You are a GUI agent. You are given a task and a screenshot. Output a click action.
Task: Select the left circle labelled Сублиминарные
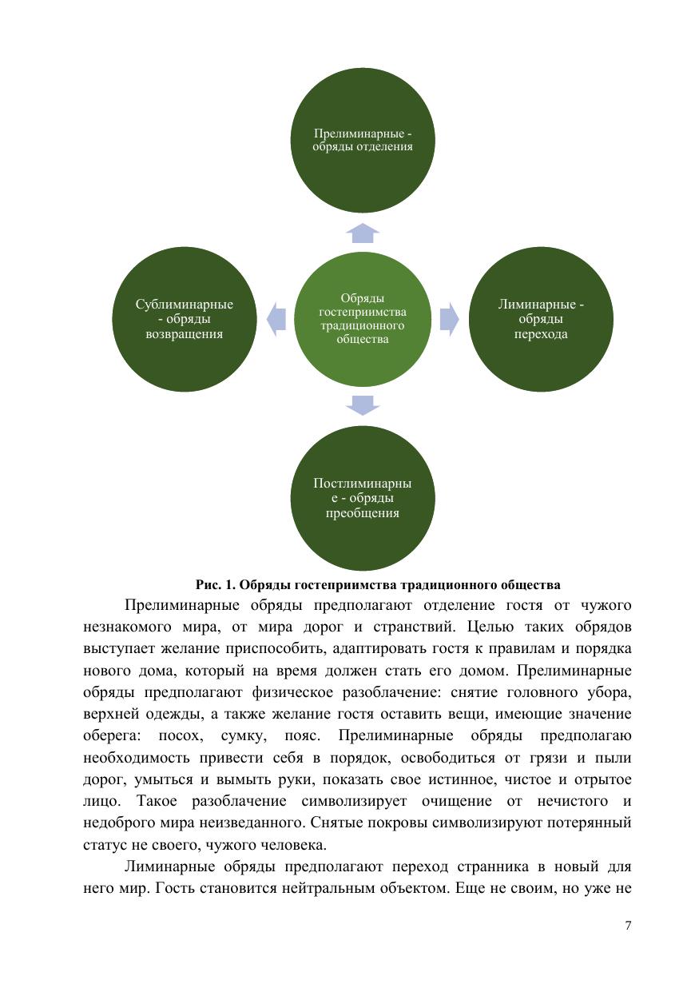click(x=185, y=319)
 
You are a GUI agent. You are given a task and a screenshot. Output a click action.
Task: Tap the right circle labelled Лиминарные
click(x=541, y=319)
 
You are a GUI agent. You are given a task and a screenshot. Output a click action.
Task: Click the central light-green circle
click(x=363, y=319)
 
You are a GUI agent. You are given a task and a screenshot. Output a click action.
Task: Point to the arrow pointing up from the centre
click(x=363, y=233)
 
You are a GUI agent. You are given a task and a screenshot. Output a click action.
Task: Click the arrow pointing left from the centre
click(x=276, y=319)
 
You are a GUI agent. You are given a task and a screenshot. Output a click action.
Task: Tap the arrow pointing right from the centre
click(x=449, y=319)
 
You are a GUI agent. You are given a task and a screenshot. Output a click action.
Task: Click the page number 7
click(x=628, y=926)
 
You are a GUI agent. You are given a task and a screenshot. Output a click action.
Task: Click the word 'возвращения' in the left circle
click(x=185, y=333)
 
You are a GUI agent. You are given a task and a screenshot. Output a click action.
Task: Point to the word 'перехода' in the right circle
click(x=541, y=333)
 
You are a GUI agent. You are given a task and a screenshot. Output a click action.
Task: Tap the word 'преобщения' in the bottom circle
click(x=363, y=512)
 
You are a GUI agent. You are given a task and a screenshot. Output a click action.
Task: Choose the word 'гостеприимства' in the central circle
click(x=363, y=312)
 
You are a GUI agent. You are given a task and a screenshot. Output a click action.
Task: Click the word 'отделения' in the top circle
click(x=385, y=146)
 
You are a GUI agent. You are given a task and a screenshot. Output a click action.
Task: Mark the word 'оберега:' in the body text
click(x=110, y=735)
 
